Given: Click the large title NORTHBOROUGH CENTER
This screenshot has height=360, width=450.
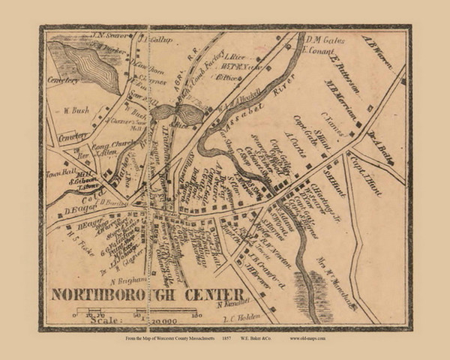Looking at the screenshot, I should [147, 293].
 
